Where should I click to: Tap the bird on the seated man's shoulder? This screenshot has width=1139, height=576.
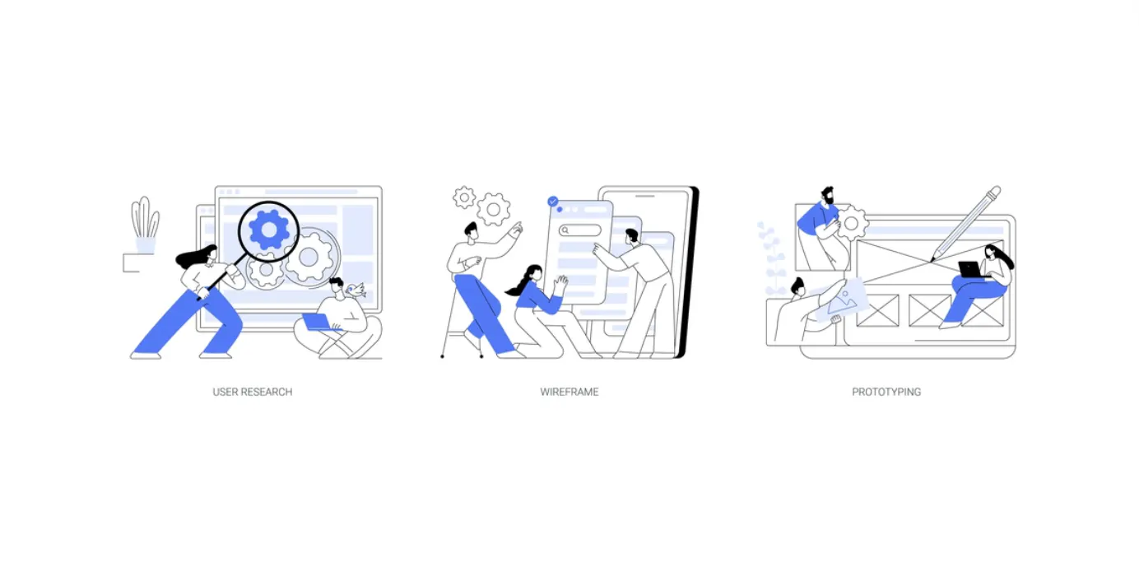point(356,289)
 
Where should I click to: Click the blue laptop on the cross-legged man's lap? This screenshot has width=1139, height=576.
point(317,322)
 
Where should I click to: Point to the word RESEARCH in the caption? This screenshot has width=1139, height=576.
point(267,392)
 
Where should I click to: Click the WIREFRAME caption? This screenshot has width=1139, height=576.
point(569,392)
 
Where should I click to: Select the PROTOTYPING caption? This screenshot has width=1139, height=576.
point(886,392)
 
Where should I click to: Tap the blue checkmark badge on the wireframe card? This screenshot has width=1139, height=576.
point(553,201)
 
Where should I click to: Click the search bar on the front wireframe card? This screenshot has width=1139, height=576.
point(580,230)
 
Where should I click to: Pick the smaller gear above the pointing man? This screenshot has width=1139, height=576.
point(465,197)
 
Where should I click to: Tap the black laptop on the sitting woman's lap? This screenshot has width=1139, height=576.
point(971,270)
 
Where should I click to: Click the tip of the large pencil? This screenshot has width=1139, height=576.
point(932,260)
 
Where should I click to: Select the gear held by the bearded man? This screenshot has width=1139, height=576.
point(852,222)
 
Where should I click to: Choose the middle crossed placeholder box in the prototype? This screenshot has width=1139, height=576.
point(929,310)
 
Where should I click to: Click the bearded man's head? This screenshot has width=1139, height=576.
point(826,197)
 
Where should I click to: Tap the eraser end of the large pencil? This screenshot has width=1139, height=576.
point(994,193)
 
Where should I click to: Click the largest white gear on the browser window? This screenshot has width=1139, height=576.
point(309,258)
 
